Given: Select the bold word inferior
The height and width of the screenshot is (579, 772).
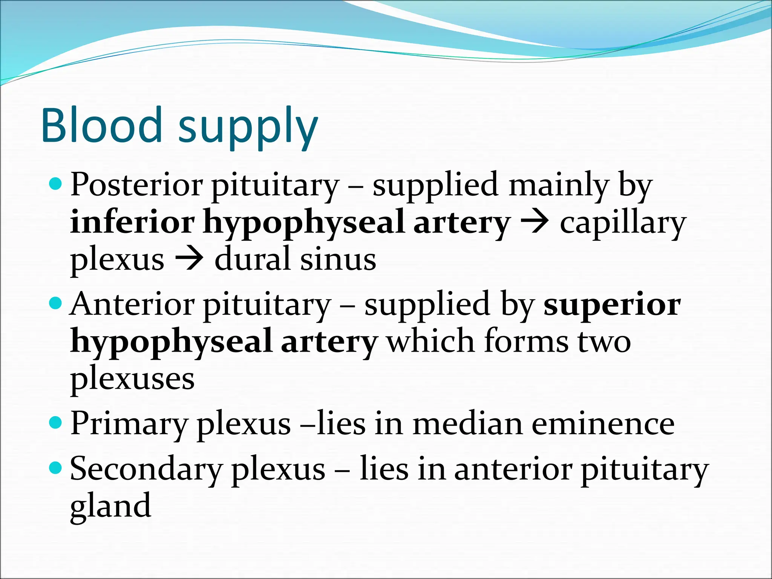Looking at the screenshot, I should tap(132, 222).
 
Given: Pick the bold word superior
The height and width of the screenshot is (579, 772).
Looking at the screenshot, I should tap(612, 305).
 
